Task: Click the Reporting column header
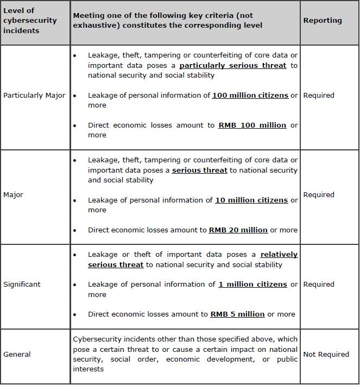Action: pyautogui.click(x=323, y=21)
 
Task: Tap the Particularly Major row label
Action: pyautogui.click(x=34, y=96)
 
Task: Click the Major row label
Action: pyautogui.click(x=14, y=195)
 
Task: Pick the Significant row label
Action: pyautogui.click(x=22, y=285)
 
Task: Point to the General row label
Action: pyautogui.click(x=17, y=355)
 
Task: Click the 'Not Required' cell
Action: pyautogui.click(x=326, y=355)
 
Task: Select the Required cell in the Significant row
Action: pyautogui.click(x=319, y=285)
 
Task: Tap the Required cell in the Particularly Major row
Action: pyautogui.click(x=319, y=96)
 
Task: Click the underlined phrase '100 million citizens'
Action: pyautogui.click(x=250, y=96)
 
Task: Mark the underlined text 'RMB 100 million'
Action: pyautogui.click(x=252, y=125)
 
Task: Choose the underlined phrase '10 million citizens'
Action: pyautogui.click(x=251, y=200)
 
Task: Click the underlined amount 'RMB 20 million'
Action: pyautogui.click(x=238, y=230)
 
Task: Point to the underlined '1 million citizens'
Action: pyautogui.click(x=253, y=285)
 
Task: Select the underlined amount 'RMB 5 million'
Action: pyautogui.click(x=237, y=314)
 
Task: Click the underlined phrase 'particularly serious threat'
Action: pyautogui.click(x=233, y=66)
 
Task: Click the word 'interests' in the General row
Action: pyautogui.click(x=89, y=369)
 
